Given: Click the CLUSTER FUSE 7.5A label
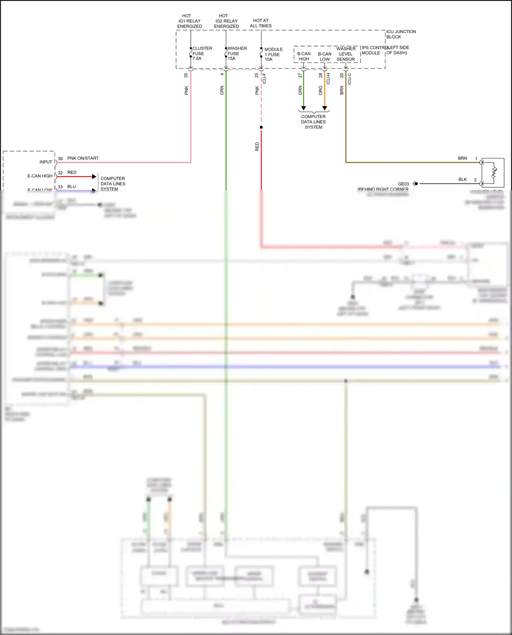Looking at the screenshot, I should click(x=202, y=53).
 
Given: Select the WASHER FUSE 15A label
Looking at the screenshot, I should click(x=237, y=53).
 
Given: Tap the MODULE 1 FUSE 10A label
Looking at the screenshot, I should click(x=273, y=54).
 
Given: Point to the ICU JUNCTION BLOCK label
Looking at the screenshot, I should click(x=401, y=34).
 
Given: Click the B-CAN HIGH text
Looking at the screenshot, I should click(x=304, y=56).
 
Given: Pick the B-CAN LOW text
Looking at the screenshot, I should click(x=325, y=56).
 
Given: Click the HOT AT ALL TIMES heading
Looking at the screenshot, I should click(x=261, y=23).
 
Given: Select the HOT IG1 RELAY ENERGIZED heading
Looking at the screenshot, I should click(x=189, y=21).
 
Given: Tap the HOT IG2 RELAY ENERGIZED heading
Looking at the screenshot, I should click(x=226, y=21).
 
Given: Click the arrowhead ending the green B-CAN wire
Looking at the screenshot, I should click(x=303, y=108).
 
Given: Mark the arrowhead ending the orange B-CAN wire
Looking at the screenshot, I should click(x=325, y=108).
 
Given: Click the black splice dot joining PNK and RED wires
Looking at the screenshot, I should click(x=261, y=127).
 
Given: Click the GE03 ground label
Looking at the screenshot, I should click(x=403, y=184).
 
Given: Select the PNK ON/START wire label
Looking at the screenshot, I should click(x=83, y=158).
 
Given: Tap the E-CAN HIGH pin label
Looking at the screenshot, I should click(x=40, y=176).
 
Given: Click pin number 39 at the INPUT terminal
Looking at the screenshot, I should click(x=60, y=159).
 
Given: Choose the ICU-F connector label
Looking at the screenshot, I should click(x=264, y=79).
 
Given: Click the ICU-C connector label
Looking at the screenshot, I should click(x=349, y=79).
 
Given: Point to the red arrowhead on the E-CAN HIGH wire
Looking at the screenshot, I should click(x=94, y=176).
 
